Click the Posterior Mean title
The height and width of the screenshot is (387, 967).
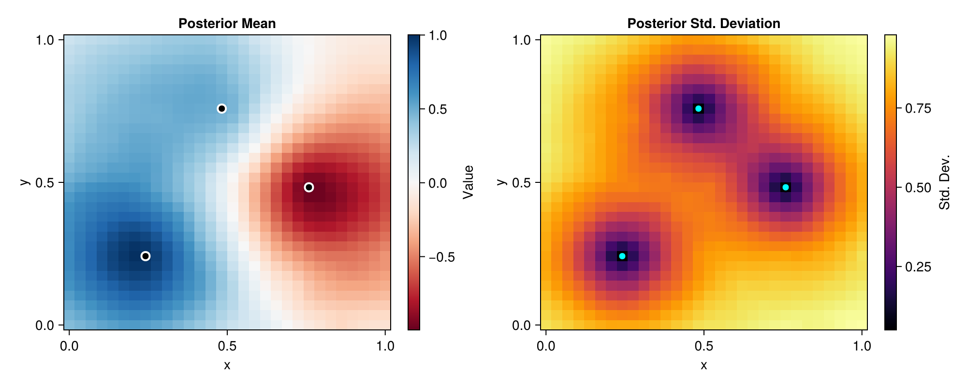coord(227,23)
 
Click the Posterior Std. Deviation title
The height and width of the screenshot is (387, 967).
coord(703,23)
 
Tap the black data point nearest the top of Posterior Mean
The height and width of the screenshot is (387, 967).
coord(221,108)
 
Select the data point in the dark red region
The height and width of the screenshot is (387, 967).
coord(309,187)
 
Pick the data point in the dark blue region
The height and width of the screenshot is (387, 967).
coord(146,256)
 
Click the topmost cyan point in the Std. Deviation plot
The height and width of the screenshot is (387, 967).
coord(698,108)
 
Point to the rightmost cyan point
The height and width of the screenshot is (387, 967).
coord(786,187)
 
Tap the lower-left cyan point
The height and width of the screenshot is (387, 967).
coord(622,256)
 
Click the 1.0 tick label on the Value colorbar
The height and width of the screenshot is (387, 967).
coord(438,36)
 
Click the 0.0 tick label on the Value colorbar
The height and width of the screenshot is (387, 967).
coord(438,183)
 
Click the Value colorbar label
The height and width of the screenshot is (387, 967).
coord(468,182)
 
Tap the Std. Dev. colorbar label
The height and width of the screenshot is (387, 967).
coord(945,182)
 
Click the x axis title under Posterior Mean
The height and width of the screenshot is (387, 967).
coord(227,366)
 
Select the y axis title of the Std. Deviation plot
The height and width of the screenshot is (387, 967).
coord(501,182)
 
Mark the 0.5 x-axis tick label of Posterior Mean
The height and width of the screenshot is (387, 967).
coord(227,346)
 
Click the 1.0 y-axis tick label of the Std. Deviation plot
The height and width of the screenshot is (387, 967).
coord(522,40)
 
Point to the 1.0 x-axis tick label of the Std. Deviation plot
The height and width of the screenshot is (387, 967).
coord(862,346)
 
